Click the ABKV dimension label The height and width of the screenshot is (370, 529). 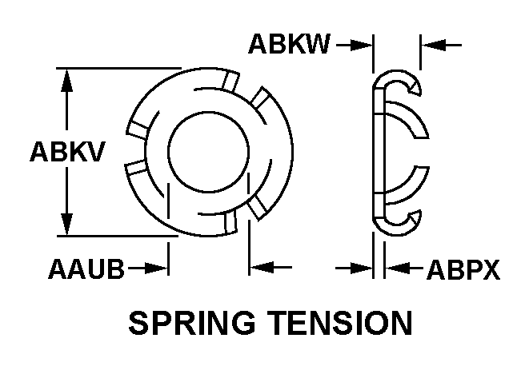pos(67,152)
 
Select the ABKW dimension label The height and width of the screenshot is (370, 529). pos(289,45)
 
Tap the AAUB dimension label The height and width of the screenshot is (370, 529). pos(85,269)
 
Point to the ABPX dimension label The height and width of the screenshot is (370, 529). pos(462,269)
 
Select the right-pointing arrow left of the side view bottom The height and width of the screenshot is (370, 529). pos(356,269)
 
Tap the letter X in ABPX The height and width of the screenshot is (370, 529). pos(489,269)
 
